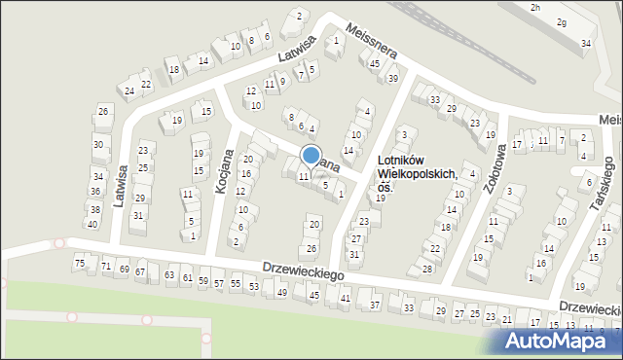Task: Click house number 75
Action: point(80,264)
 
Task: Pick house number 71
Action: point(106,267)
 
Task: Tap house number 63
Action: point(170,276)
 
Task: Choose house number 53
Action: point(253,286)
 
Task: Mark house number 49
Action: point(281,292)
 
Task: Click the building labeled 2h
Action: point(535,7)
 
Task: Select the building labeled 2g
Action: point(561,22)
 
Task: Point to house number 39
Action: point(393,79)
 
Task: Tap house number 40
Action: point(92,225)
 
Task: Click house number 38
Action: point(94,209)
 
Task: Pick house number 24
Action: point(128,91)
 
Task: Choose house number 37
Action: point(375,306)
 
